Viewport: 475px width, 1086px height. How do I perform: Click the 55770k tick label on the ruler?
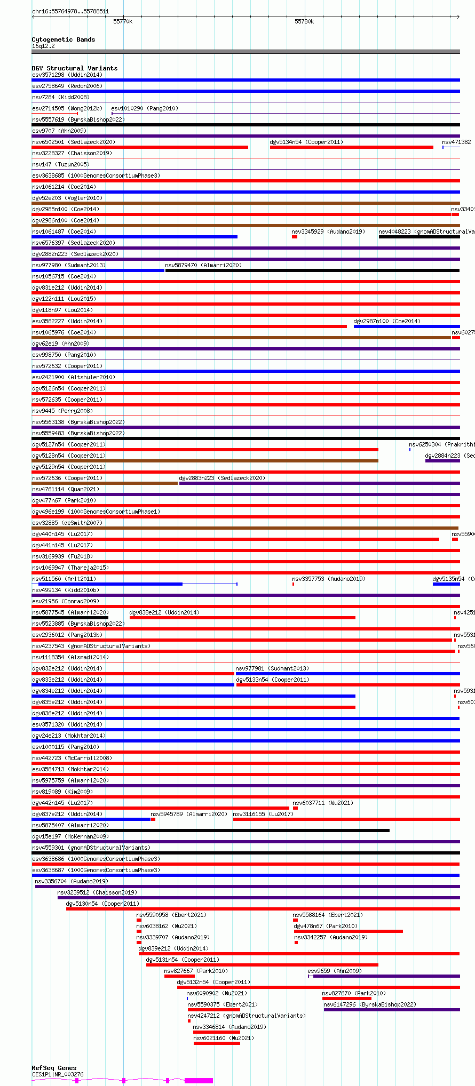click(123, 21)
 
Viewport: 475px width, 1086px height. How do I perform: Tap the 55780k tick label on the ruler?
click(304, 21)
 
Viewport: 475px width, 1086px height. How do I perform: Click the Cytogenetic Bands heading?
click(63, 39)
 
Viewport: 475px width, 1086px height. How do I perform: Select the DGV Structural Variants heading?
click(74, 68)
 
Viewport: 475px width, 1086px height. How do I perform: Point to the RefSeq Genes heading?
click(54, 1068)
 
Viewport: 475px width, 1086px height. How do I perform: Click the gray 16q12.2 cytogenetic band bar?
click(246, 52)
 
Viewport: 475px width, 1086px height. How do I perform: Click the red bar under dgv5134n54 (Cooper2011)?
click(351, 147)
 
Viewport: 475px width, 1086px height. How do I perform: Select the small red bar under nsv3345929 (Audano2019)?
click(295, 237)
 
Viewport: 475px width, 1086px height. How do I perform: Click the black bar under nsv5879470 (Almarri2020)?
click(312, 270)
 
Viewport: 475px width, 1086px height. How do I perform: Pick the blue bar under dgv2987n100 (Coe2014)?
click(407, 326)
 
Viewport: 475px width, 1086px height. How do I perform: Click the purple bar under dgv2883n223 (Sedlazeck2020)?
click(319, 483)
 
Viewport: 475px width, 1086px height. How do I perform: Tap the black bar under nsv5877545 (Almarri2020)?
click(70, 618)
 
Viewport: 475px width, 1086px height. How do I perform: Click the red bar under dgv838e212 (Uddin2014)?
click(242, 618)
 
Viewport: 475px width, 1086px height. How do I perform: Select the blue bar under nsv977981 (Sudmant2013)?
click(347, 674)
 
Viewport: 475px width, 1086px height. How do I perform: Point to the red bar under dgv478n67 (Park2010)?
click(348, 931)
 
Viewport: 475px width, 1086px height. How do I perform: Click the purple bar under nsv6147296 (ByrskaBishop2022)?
click(392, 1010)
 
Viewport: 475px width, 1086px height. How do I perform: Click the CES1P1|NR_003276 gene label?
click(58, 1074)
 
